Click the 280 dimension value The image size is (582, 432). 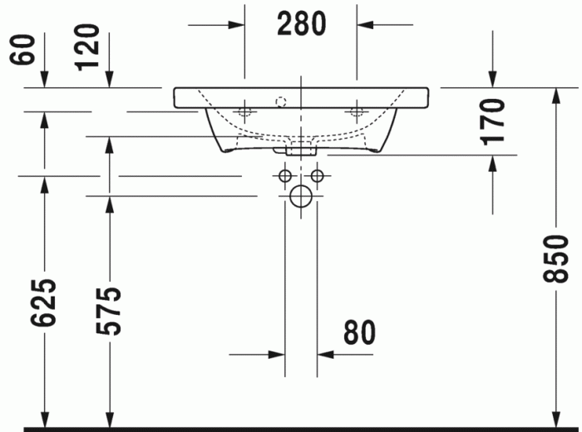click(x=301, y=25)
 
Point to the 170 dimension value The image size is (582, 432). click(x=494, y=120)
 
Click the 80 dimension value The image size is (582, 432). click(x=359, y=332)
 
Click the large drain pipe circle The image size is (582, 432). click(x=301, y=197)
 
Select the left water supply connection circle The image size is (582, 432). click(x=285, y=176)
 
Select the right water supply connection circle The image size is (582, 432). click(x=317, y=176)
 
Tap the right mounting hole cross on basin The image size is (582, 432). click(x=358, y=110)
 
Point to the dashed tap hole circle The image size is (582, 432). click(x=280, y=101)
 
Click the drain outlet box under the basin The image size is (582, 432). click(x=301, y=151)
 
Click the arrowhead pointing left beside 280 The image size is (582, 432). click(x=366, y=25)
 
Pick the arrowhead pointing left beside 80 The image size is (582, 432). click(x=325, y=355)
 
